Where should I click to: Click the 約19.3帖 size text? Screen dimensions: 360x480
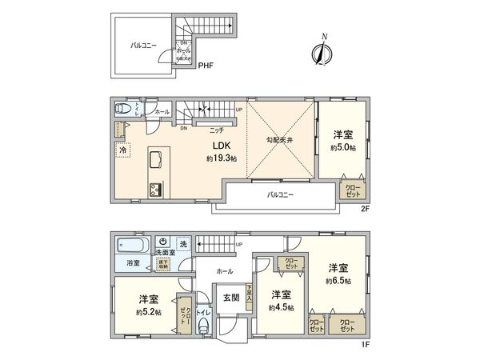coord(218,159)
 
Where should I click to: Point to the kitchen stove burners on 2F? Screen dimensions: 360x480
coord(154,189)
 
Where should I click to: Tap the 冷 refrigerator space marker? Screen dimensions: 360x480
coord(123,150)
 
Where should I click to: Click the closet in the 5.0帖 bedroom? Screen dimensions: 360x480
coord(353,190)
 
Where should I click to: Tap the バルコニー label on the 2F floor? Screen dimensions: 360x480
coord(278,194)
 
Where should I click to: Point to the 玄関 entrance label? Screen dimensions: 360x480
coord(229,297)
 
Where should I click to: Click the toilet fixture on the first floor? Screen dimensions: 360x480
coord(204,323)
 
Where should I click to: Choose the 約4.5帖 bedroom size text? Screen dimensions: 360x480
coord(280,306)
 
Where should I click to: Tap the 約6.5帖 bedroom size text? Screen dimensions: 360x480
coord(339,281)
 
